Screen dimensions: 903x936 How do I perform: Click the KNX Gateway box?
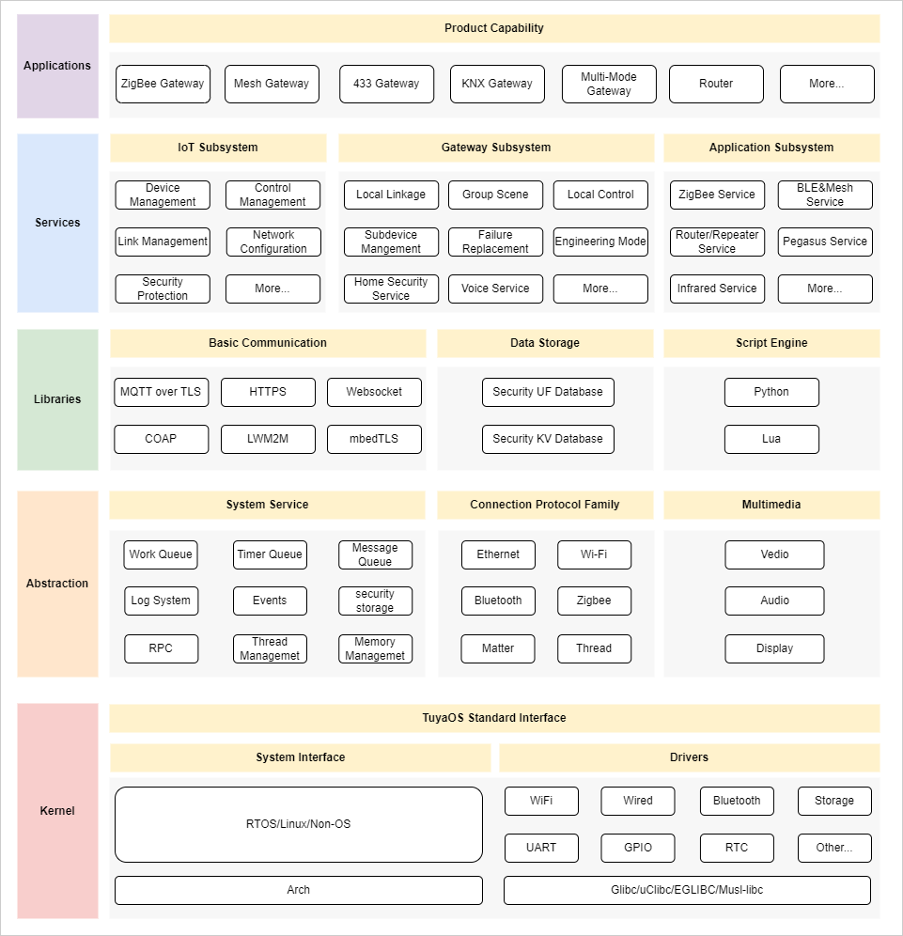497,84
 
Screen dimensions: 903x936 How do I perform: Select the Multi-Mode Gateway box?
609,84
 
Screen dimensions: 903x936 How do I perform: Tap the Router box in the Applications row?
716,84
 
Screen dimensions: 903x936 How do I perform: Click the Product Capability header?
494,28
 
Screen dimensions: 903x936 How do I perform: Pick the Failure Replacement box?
495,242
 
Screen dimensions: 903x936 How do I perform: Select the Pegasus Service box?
825,242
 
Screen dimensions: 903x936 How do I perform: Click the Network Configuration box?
273,242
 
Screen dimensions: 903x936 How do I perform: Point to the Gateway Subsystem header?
496,148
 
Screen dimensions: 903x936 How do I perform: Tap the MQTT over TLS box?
161,392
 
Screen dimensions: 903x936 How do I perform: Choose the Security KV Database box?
548,439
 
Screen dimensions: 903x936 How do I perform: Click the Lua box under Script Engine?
771,439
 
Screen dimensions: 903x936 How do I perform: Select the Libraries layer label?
57,399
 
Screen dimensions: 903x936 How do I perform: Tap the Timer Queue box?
270,554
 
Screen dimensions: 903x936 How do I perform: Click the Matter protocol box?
498,648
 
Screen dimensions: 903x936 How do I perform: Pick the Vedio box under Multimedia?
774,554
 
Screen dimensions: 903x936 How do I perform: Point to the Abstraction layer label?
57,584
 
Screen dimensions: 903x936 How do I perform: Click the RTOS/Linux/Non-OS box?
299,824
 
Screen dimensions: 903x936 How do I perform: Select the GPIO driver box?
638,848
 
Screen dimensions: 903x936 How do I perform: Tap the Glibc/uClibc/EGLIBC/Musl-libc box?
687,890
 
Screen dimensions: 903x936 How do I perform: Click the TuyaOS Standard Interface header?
494,718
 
